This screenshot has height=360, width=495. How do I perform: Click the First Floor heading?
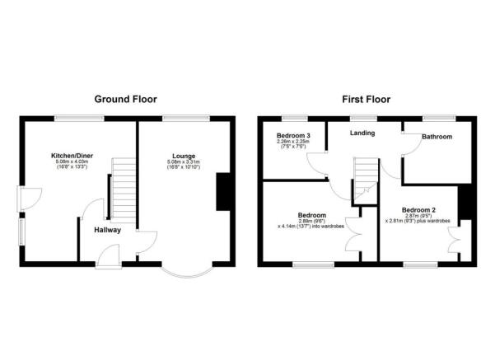click(367, 99)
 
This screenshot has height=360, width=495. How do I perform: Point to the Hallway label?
click(107, 230)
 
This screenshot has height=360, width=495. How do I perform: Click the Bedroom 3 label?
click(294, 134)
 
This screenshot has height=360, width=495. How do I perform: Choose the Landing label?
click(362, 133)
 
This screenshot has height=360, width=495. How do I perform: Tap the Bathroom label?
click(437, 136)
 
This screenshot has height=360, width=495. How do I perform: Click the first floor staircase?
click(365, 179)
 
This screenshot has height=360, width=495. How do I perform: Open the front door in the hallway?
click(107, 258)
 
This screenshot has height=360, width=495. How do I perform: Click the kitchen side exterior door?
click(25, 199)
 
